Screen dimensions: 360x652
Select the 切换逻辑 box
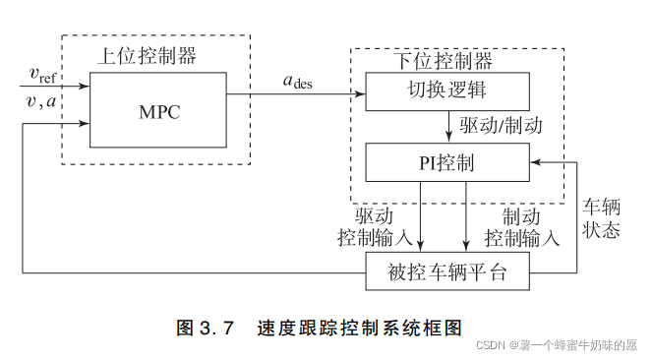[x=447, y=92]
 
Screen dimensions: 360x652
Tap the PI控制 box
[x=447, y=162]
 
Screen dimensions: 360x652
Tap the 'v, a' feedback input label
[x=42, y=100]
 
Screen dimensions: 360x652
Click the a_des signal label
[x=298, y=82]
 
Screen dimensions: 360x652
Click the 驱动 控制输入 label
[x=369, y=225]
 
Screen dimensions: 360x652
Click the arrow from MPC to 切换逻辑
[x=295, y=94]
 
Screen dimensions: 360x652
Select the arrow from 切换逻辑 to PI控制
[x=448, y=127]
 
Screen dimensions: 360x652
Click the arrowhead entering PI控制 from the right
[x=535, y=161]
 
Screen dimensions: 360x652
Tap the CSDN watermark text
[x=561, y=345]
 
